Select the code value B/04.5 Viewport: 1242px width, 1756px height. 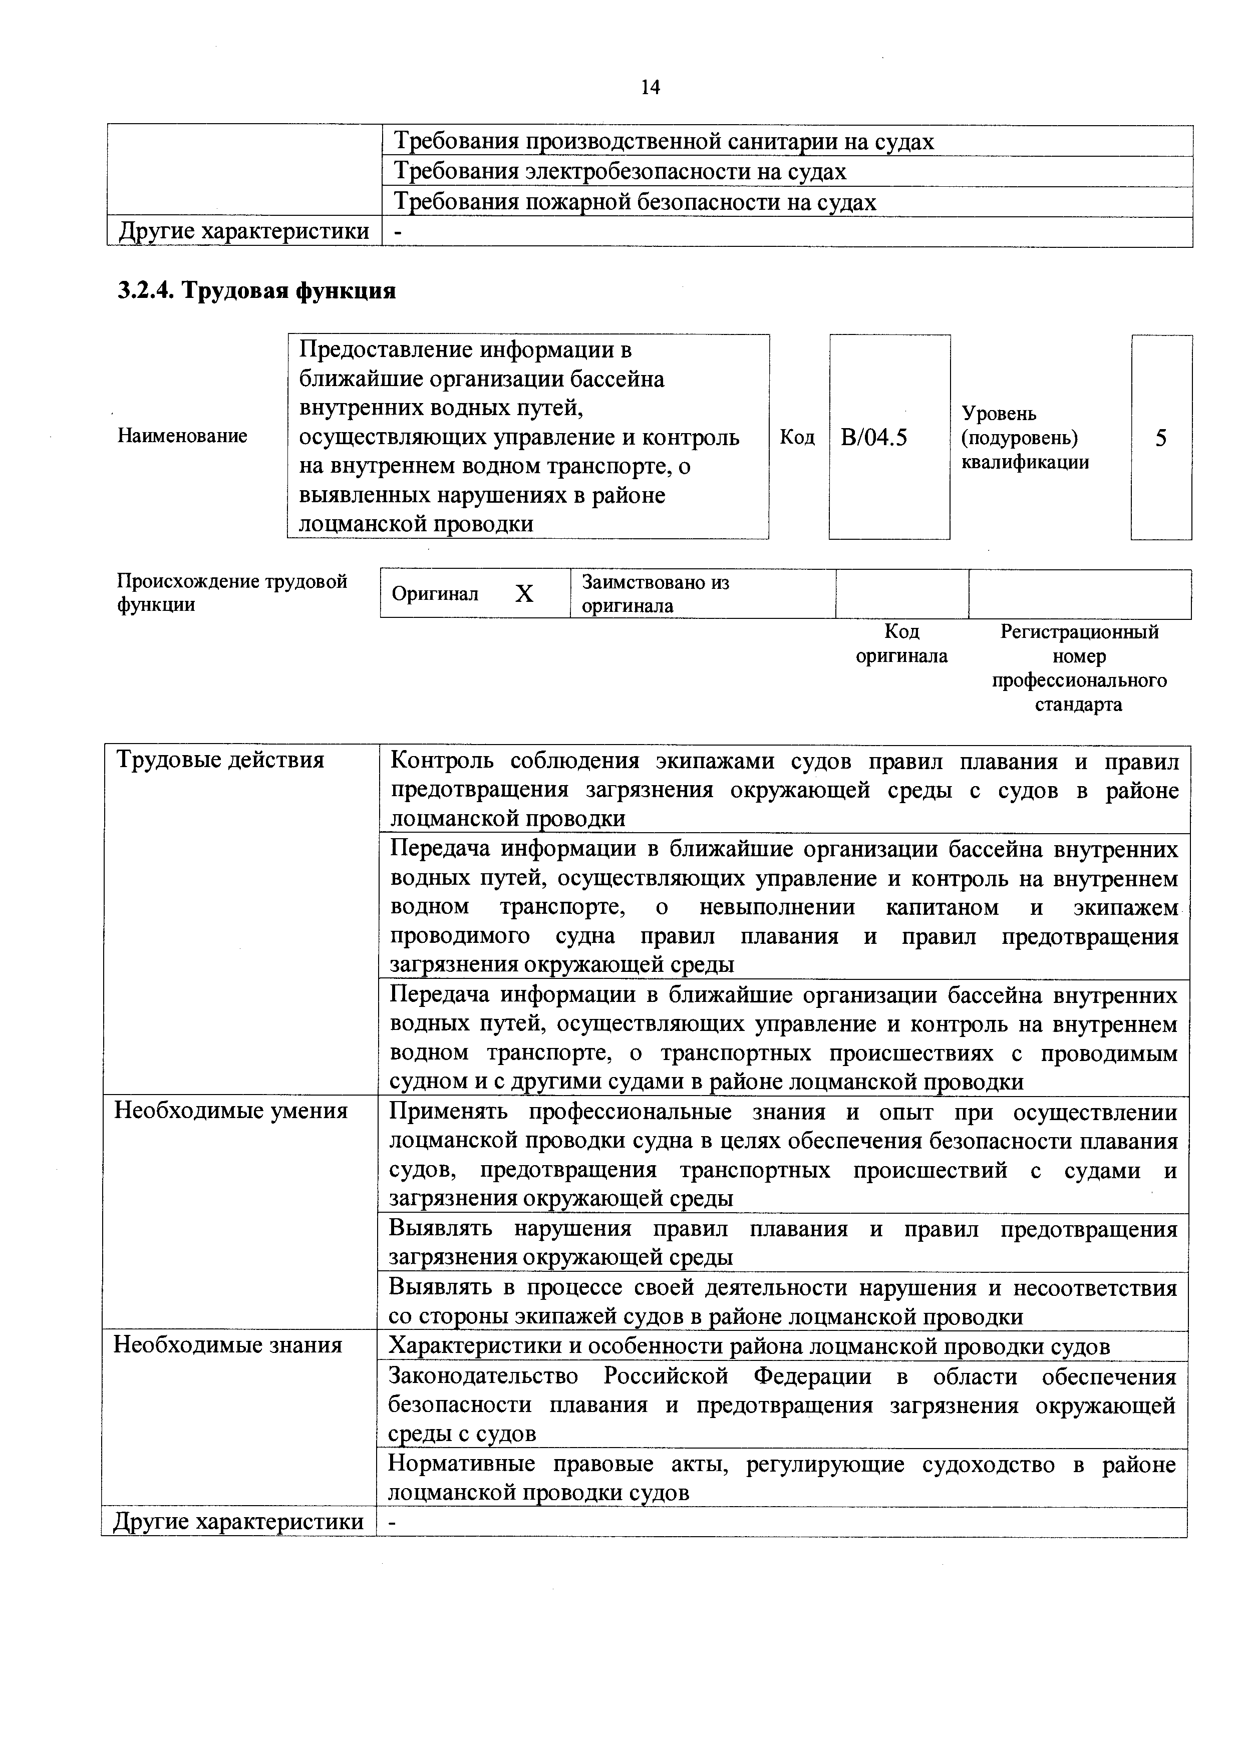tap(873, 438)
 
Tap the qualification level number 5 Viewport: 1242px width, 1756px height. tap(1161, 438)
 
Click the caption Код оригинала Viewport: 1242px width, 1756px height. tap(901, 644)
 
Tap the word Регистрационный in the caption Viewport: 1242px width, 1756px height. tap(1079, 632)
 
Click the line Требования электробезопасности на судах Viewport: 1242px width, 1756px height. tap(619, 172)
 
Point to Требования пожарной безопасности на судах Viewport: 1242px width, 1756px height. tap(634, 203)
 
